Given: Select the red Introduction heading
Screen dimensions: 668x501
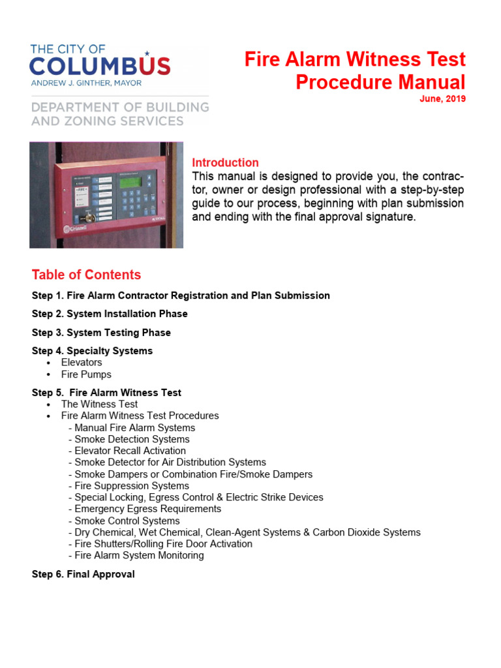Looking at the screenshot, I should (x=225, y=162).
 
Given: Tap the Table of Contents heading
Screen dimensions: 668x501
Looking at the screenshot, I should (x=86, y=275).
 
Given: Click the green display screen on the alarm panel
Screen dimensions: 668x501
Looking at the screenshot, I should (x=133, y=181).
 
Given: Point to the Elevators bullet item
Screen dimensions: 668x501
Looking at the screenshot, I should (x=82, y=362).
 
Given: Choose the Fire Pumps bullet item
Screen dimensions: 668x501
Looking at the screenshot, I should (x=86, y=374).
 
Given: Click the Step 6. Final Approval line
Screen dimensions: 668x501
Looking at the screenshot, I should (x=83, y=574).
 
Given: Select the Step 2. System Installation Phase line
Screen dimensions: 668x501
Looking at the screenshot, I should (x=110, y=314).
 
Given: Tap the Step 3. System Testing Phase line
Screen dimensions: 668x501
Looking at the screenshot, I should (x=101, y=333).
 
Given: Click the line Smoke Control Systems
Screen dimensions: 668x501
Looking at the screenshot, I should (x=127, y=521).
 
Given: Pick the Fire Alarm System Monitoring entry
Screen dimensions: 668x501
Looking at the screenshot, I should (x=139, y=555).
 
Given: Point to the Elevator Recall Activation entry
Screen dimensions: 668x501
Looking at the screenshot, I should (x=130, y=451).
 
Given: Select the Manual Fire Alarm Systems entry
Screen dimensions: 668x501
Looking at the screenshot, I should (x=134, y=428).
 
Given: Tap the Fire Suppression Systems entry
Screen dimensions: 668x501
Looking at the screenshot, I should (x=132, y=486).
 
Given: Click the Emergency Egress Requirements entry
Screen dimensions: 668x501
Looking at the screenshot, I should (x=147, y=509).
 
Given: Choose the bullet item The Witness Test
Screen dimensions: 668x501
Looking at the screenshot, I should (x=99, y=404).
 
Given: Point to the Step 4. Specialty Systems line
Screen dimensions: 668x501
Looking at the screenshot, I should (x=92, y=351).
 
